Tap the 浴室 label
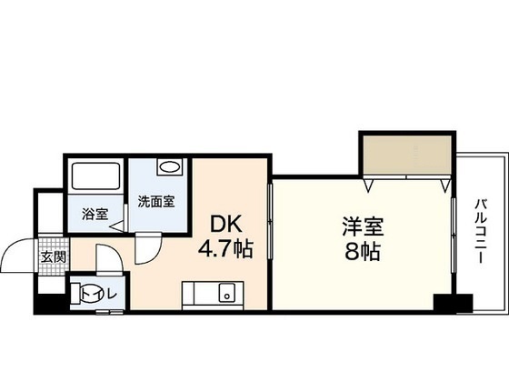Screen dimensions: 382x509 pyautogui.click(x=95, y=215)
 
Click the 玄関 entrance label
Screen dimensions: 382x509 pyautogui.click(x=52, y=257)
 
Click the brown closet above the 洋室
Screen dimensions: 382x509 pyautogui.click(x=405, y=156)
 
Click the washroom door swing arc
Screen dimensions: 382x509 pyautogui.click(x=147, y=247)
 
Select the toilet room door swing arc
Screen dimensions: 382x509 pyautogui.click(x=106, y=261)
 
